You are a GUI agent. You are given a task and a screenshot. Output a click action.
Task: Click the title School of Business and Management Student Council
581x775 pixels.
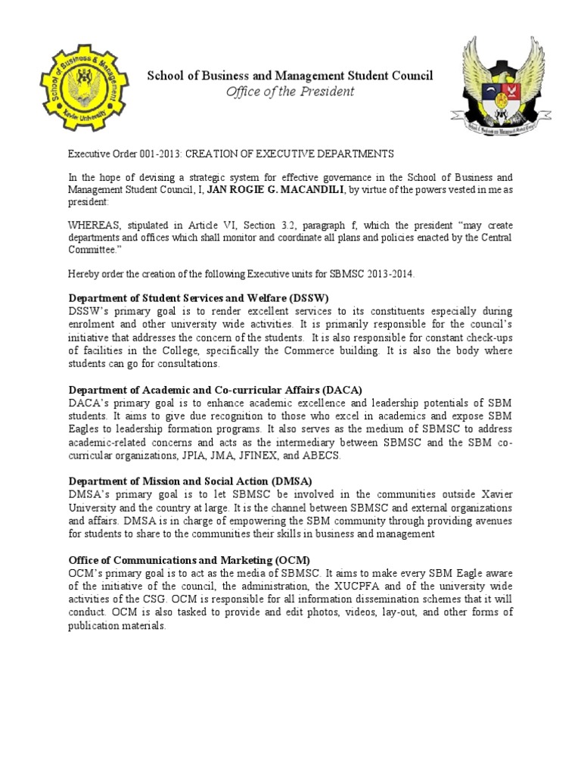click(290, 76)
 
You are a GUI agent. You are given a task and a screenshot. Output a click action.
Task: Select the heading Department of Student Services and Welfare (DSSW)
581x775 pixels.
click(200, 297)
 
